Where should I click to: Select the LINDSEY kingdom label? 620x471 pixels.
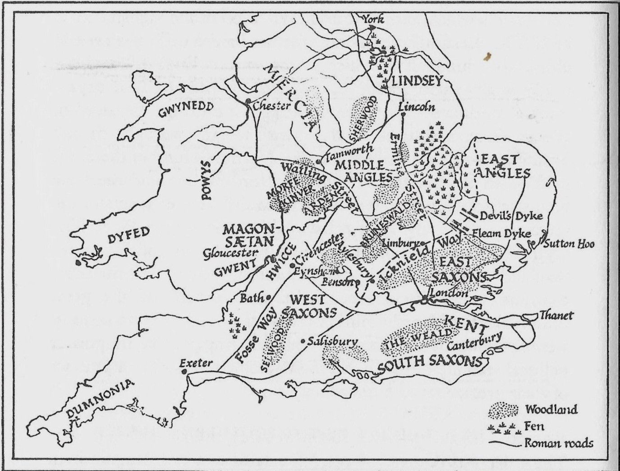pyautogui.click(x=415, y=82)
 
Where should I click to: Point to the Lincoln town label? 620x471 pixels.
pyautogui.click(x=418, y=107)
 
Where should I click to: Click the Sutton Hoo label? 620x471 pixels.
pyautogui.click(x=569, y=244)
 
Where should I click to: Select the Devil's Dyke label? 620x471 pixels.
pyautogui.click(x=510, y=216)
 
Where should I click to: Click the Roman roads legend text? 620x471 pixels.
pyautogui.click(x=559, y=443)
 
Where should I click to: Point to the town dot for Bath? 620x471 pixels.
pyautogui.click(x=269, y=298)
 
